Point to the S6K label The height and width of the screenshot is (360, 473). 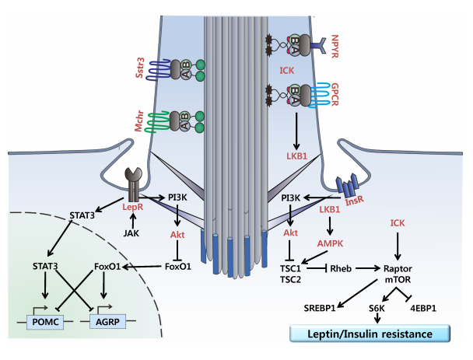point(376,309)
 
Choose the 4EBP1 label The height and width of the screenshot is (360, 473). point(426,309)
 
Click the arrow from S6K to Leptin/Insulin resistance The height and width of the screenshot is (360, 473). point(376,319)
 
